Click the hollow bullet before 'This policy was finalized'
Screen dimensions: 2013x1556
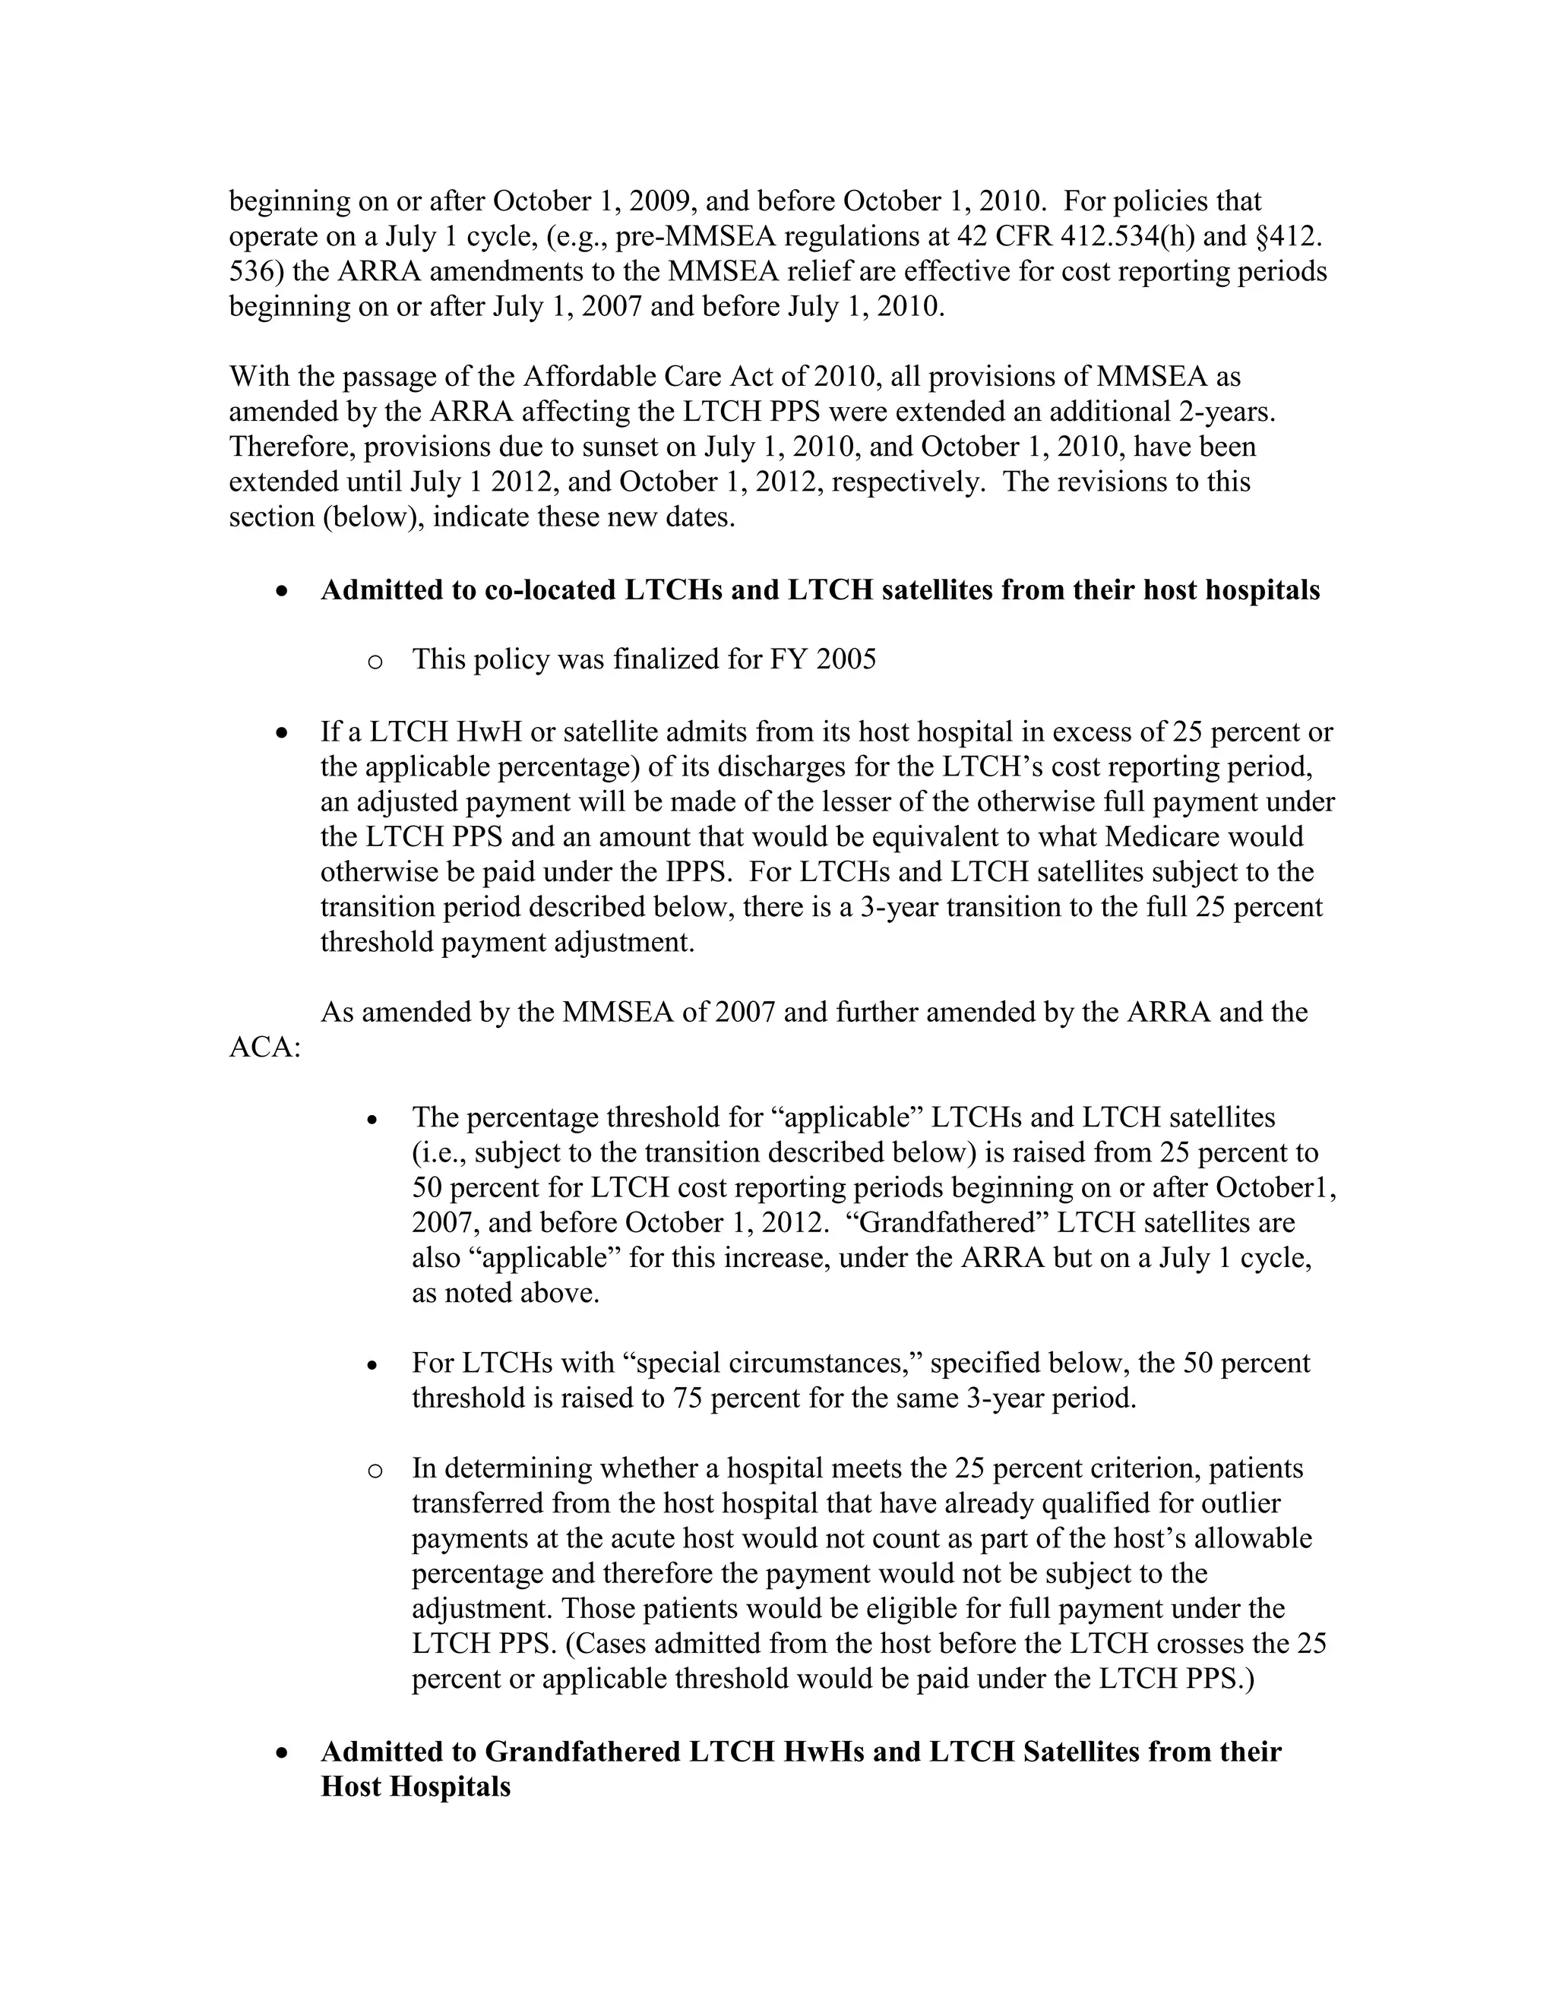click(375, 662)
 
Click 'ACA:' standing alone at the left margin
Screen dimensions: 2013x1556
click(265, 1048)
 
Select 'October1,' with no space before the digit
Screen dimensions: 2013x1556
click(1276, 1188)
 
